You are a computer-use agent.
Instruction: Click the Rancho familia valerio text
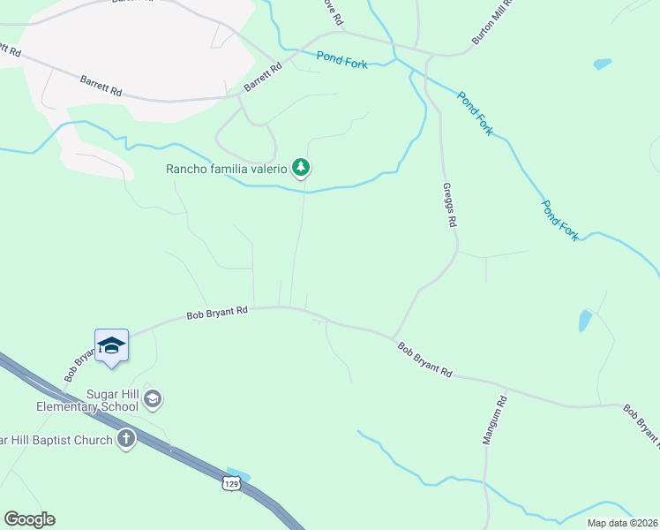(228, 169)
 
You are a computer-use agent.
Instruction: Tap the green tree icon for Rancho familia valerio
(302, 167)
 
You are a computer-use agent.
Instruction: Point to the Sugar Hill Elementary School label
(87, 400)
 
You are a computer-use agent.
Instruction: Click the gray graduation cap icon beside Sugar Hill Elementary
(153, 400)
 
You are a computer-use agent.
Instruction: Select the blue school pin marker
(112, 345)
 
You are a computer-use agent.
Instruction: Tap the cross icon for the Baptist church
(126, 440)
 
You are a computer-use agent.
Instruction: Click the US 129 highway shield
(231, 483)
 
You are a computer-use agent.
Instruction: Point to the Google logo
(29, 519)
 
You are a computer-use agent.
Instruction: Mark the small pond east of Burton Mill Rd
(603, 64)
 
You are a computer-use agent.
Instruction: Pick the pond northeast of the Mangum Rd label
(585, 320)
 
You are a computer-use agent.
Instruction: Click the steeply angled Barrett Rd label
(263, 79)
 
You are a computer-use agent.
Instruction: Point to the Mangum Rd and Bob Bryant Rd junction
(506, 388)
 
